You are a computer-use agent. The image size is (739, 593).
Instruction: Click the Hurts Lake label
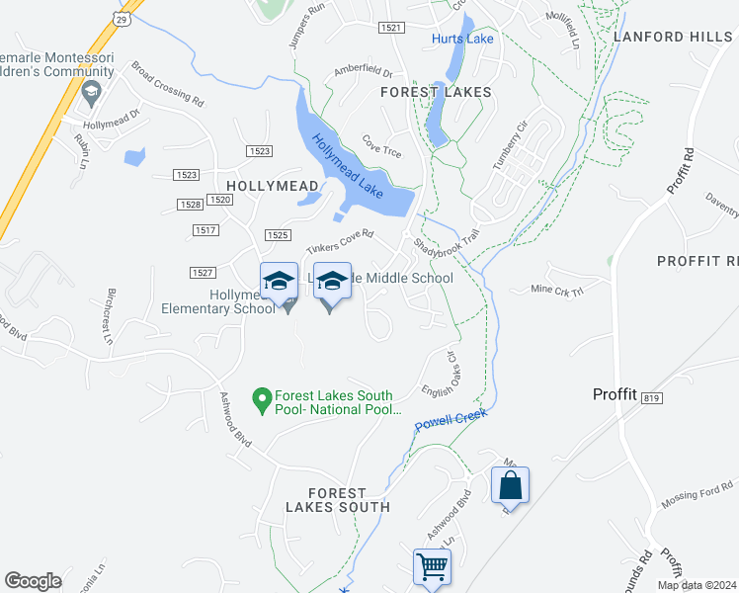point(462,39)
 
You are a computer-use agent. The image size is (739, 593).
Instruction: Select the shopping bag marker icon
point(510,485)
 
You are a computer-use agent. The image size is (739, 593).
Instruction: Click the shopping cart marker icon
point(432,568)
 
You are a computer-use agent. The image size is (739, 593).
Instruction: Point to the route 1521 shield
point(390,28)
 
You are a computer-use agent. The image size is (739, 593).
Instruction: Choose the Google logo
point(33,581)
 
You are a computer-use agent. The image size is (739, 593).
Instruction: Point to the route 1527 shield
point(203,273)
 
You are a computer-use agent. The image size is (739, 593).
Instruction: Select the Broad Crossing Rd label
point(167,85)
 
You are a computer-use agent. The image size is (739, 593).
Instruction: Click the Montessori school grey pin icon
point(91,93)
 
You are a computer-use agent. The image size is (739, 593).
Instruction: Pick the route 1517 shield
point(205,230)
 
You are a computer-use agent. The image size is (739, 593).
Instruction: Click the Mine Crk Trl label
point(557,290)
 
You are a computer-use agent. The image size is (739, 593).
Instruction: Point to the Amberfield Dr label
point(363,73)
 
